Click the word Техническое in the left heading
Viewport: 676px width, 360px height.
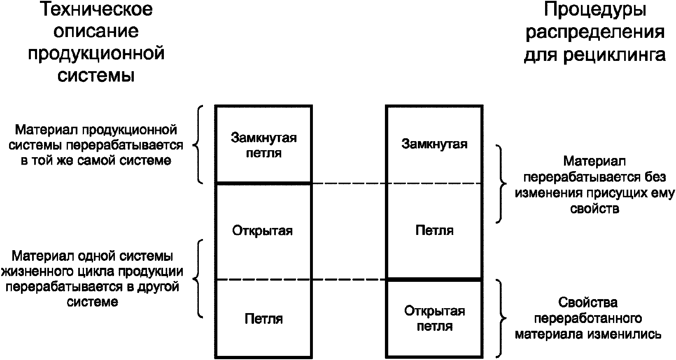[96, 10]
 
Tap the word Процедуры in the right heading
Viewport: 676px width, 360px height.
[594, 10]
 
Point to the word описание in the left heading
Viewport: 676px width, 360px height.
[96, 32]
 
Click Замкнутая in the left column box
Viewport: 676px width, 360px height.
[263, 137]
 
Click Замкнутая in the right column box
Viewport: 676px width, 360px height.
[434, 144]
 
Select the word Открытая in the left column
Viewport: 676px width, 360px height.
[263, 230]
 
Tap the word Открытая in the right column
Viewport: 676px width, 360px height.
[434, 311]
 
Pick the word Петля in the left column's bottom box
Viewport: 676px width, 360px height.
[263, 319]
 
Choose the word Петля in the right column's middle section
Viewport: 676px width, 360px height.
[434, 230]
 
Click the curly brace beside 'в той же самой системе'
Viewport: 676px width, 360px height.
[198, 144]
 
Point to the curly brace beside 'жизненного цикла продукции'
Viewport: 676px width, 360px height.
[198, 279]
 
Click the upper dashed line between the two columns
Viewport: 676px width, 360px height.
[349, 183]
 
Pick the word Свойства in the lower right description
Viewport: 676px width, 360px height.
[588, 303]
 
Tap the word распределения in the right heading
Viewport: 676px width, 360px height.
[594, 32]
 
